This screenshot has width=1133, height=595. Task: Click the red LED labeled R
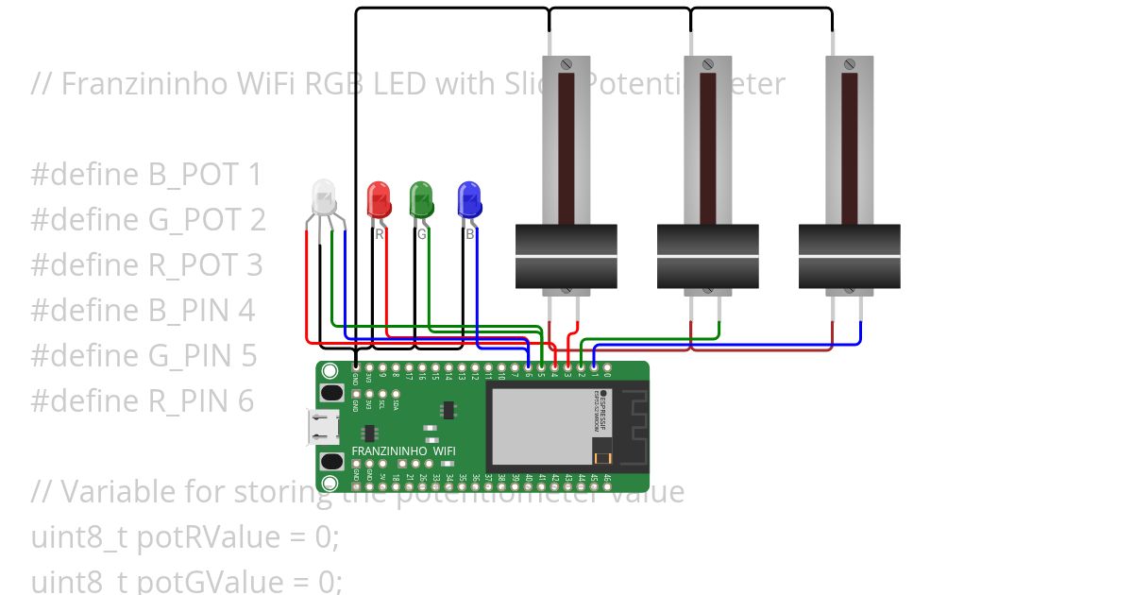click(x=379, y=199)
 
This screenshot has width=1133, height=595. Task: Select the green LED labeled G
click(x=421, y=199)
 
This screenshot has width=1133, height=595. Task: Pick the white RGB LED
click(x=324, y=197)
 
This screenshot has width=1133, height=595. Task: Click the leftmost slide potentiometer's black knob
click(x=566, y=256)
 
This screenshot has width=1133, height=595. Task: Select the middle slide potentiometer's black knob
click(x=707, y=256)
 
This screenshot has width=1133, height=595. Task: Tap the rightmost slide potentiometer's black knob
click(x=849, y=256)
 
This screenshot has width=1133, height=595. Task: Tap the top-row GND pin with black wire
click(x=355, y=366)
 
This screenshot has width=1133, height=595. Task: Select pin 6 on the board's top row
click(x=528, y=366)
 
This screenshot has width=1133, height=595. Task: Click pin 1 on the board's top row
click(x=594, y=366)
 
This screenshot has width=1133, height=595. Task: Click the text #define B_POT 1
click(x=146, y=175)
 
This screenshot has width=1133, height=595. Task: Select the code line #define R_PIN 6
click(x=143, y=401)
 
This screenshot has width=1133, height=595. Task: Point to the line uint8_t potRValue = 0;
click(x=185, y=537)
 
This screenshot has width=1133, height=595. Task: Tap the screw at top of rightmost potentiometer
click(x=849, y=64)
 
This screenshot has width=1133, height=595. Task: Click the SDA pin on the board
click(x=395, y=393)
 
